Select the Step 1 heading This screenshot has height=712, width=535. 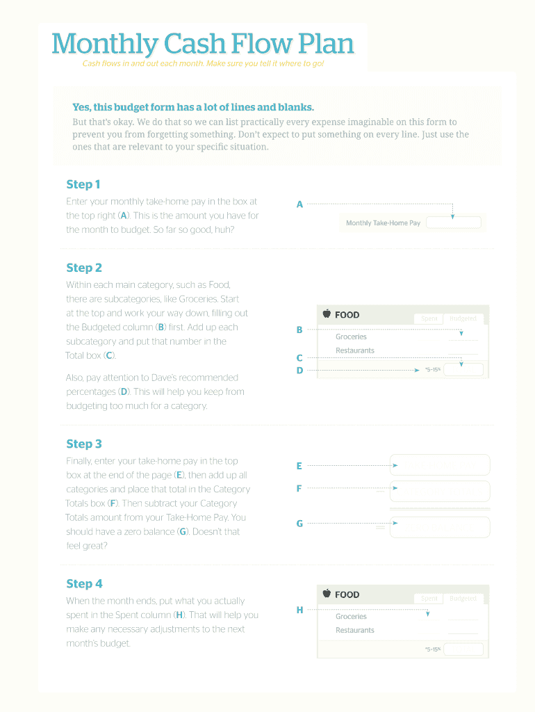[x=83, y=184]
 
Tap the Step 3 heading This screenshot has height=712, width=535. [x=83, y=444]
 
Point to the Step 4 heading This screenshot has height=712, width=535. [x=83, y=583]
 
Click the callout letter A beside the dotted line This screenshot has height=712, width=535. [x=299, y=204]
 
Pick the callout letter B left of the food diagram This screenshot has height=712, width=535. [x=299, y=330]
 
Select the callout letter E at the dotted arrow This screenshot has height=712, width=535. [x=299, y=466]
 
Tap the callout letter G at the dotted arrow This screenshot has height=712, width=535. [x=299, y=524]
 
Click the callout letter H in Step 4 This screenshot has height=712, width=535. [x=299, y=610]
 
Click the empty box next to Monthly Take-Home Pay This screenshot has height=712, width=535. [x=453, y=222]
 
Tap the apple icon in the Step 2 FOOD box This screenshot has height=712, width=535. [x=327, y=314]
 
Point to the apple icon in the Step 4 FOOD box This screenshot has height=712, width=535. [x=327, y=594]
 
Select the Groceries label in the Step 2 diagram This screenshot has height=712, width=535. [x=351, y=337]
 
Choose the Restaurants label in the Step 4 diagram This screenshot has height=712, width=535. [x=354, y=630]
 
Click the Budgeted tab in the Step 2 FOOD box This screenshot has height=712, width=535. [x=463, y=318]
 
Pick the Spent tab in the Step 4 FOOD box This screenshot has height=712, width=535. [x=429, y=598]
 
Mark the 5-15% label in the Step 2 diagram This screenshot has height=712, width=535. [x=432, y=369]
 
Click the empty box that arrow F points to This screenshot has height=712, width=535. [x=440, y=491]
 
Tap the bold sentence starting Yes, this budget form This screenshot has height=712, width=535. [x=193, y=107]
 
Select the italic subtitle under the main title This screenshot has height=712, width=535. [x=203, y=64]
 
